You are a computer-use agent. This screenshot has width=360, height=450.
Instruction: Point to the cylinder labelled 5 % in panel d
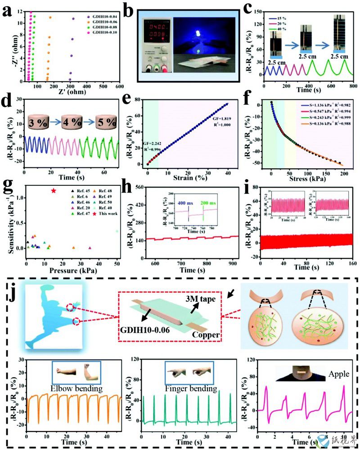pyautogui.click(x=104, y=121)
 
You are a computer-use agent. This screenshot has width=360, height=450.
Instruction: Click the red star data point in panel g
pyautogui.click(x=54, y=191)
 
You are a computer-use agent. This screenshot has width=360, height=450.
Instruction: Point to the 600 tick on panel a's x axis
pyautogui.click(x=120, y=86)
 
